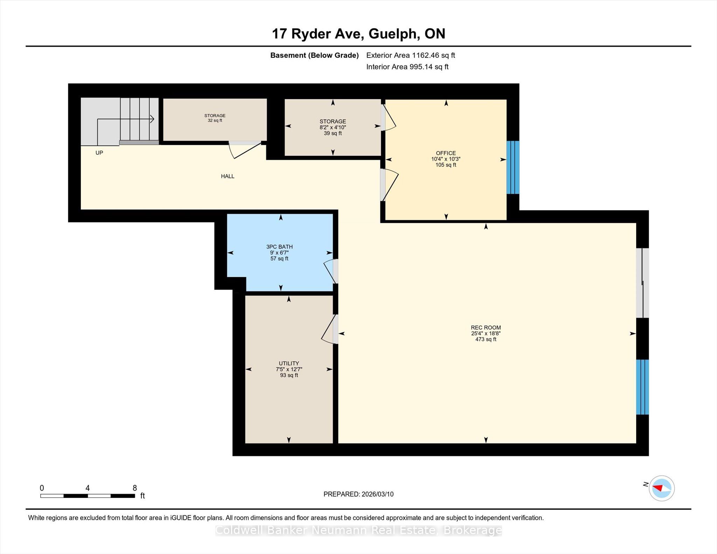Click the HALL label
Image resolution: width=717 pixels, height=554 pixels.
(x=228, y=176)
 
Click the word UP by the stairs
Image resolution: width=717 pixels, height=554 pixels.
(x=99, y=153)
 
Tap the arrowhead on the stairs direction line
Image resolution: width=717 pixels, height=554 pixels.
(x=152, y=119)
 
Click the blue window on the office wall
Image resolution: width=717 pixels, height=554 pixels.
(x=513, y=167)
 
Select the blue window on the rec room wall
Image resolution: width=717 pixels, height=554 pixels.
(x=642, y=387)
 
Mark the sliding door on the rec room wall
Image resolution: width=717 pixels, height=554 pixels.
(x=642, y=283)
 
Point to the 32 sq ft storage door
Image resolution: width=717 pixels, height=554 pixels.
(x=245, y=149)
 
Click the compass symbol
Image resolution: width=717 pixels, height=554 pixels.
(x=661, y=488)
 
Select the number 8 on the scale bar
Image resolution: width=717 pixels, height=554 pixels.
(x=135, y=488)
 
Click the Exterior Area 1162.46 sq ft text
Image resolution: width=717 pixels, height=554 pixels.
(x=411, y=55)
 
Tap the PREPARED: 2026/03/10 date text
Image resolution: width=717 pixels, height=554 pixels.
(x=358, y=494)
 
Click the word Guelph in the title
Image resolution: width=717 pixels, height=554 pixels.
(x=394, y=34)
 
